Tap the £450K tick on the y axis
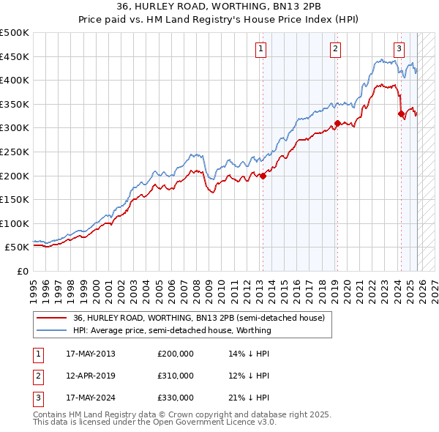point(15,56)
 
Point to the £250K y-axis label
point(15,152)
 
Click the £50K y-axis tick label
point(18,247)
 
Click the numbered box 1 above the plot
point(261,49)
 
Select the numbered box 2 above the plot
point(335,49)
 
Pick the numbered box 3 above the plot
point(399,49)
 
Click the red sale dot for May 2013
point(263,176)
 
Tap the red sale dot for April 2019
point(337,123)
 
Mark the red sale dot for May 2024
point(401,113)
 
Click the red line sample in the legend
point(51,318)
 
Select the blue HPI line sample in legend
point(51,330)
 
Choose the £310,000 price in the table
point(176,376)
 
